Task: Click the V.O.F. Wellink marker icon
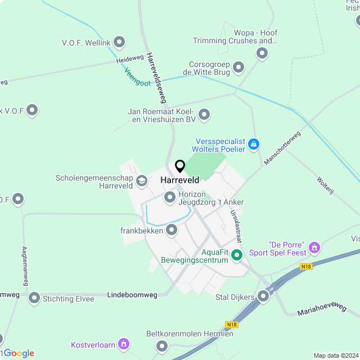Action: point(119,42)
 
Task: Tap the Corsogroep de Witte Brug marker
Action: point(238,68)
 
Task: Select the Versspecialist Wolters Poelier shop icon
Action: point(254,145)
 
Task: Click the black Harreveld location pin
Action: point(180,166)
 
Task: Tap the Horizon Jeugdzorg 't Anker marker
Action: point(169,197)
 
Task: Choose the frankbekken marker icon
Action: point(172,229)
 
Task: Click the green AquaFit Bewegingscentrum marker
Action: point(237,255)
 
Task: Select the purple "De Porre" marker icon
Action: point(314,246)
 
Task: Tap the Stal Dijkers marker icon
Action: point(263,296)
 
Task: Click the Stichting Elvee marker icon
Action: point(34,298)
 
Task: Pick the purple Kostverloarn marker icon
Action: point(124,344)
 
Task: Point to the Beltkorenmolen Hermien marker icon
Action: point(163,345)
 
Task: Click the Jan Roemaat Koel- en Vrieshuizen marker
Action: point(204,115)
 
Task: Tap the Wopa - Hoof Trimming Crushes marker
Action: point(262,54)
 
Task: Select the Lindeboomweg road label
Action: point(132,295)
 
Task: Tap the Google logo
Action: point(19,353)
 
